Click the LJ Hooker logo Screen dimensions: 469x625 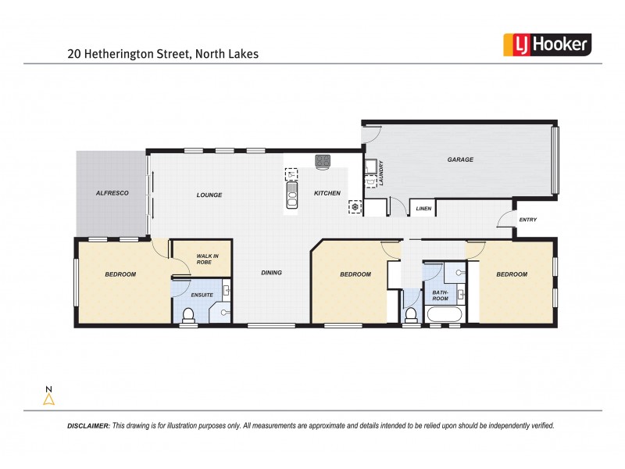545,45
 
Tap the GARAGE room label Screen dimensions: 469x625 460,159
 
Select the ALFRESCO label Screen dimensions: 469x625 112,192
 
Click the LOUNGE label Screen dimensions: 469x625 209,195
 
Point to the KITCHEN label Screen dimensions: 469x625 327,192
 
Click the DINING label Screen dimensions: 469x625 271,273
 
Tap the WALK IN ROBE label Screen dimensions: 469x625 207,260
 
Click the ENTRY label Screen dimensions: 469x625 528,220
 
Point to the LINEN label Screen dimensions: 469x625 423,209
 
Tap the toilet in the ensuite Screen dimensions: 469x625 187,315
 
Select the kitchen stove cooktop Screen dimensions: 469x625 323,161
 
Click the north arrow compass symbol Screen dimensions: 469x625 48,398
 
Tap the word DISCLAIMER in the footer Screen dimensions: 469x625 87,426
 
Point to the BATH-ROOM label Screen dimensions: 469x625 440,295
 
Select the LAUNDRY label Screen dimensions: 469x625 381,174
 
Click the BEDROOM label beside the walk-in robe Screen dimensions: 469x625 120,274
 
